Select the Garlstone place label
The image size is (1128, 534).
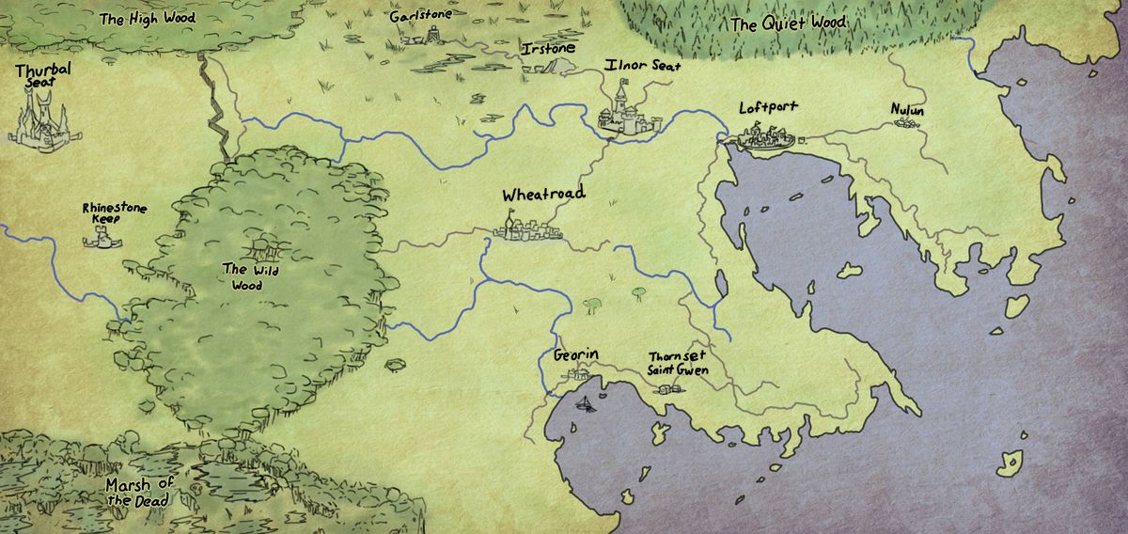tap(420, 16)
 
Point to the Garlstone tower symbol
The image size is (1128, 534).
tap(433, 36)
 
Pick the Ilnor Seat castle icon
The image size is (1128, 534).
tap(620, 111)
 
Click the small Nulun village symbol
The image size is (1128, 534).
tap(908, 126)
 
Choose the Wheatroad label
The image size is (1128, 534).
tap(543, 195)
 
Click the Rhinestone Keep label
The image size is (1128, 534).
tap(114, 213)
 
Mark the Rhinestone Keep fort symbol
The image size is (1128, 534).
tap(102, 241)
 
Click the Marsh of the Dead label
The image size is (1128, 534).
tap(139, 492)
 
